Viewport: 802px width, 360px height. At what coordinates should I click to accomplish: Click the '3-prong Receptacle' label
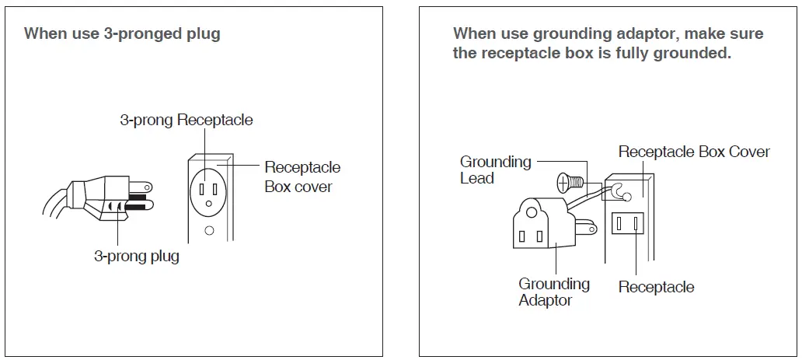(x=186, y=120)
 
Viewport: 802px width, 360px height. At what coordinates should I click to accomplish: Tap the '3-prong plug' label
(x=137, y=256)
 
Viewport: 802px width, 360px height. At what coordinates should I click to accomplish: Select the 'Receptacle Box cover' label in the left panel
(x=302, y=177)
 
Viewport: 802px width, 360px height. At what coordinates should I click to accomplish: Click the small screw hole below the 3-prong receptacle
(x=209, y=230)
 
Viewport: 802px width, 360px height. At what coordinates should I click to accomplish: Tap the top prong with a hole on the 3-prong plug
(x=139, y=187)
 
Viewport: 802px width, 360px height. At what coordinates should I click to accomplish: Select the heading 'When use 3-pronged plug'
(x=122, y=33)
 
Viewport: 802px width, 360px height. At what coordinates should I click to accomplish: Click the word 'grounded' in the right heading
(x=692, y=54)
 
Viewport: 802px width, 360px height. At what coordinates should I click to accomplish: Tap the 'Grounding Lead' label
(x=495, y=170)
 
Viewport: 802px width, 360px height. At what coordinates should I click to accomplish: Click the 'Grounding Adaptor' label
(x=553, y=292)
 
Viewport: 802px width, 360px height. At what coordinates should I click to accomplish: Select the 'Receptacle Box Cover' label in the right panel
(x=693, y=152)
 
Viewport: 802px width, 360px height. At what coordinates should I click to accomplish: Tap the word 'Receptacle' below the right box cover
(x=656, y=287)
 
